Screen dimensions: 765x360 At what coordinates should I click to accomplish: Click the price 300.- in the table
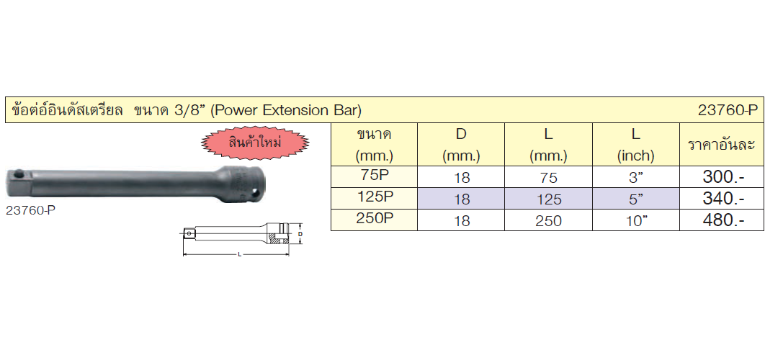(723, 177)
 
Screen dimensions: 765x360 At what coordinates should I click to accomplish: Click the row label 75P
(374, 175)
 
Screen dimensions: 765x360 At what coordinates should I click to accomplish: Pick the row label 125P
(374, 197)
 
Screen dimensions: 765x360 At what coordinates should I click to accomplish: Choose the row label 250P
(374, 219)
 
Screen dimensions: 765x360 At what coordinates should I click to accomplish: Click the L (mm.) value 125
(548, 199)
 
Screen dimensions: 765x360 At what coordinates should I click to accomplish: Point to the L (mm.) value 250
(548, 222)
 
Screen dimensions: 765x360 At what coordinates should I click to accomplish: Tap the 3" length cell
(636, 178)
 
